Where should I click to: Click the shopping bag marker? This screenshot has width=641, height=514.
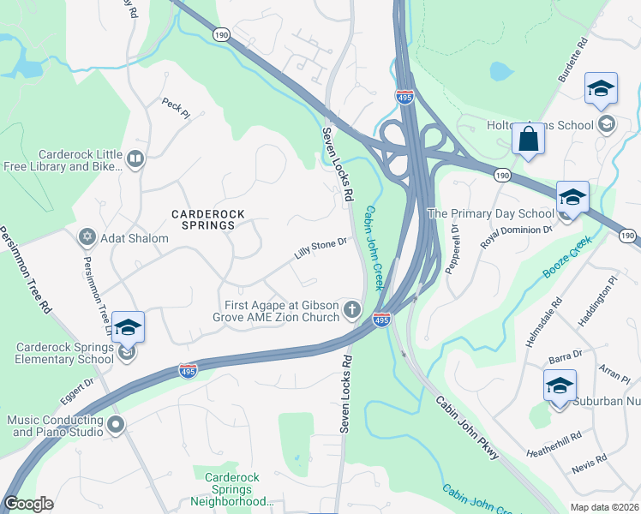529,139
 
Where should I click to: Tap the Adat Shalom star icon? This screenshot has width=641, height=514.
87,237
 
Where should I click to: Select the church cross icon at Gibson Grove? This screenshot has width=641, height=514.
351,309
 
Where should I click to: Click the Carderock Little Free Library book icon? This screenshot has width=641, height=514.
135,158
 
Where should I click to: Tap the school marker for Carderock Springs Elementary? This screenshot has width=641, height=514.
128,328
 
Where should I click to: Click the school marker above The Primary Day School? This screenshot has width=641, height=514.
572,197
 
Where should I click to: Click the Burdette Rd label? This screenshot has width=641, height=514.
572,61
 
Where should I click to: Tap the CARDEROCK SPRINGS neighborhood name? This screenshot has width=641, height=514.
202,218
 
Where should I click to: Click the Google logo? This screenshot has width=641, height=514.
28,504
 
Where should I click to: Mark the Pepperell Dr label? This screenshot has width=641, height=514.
453,249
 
